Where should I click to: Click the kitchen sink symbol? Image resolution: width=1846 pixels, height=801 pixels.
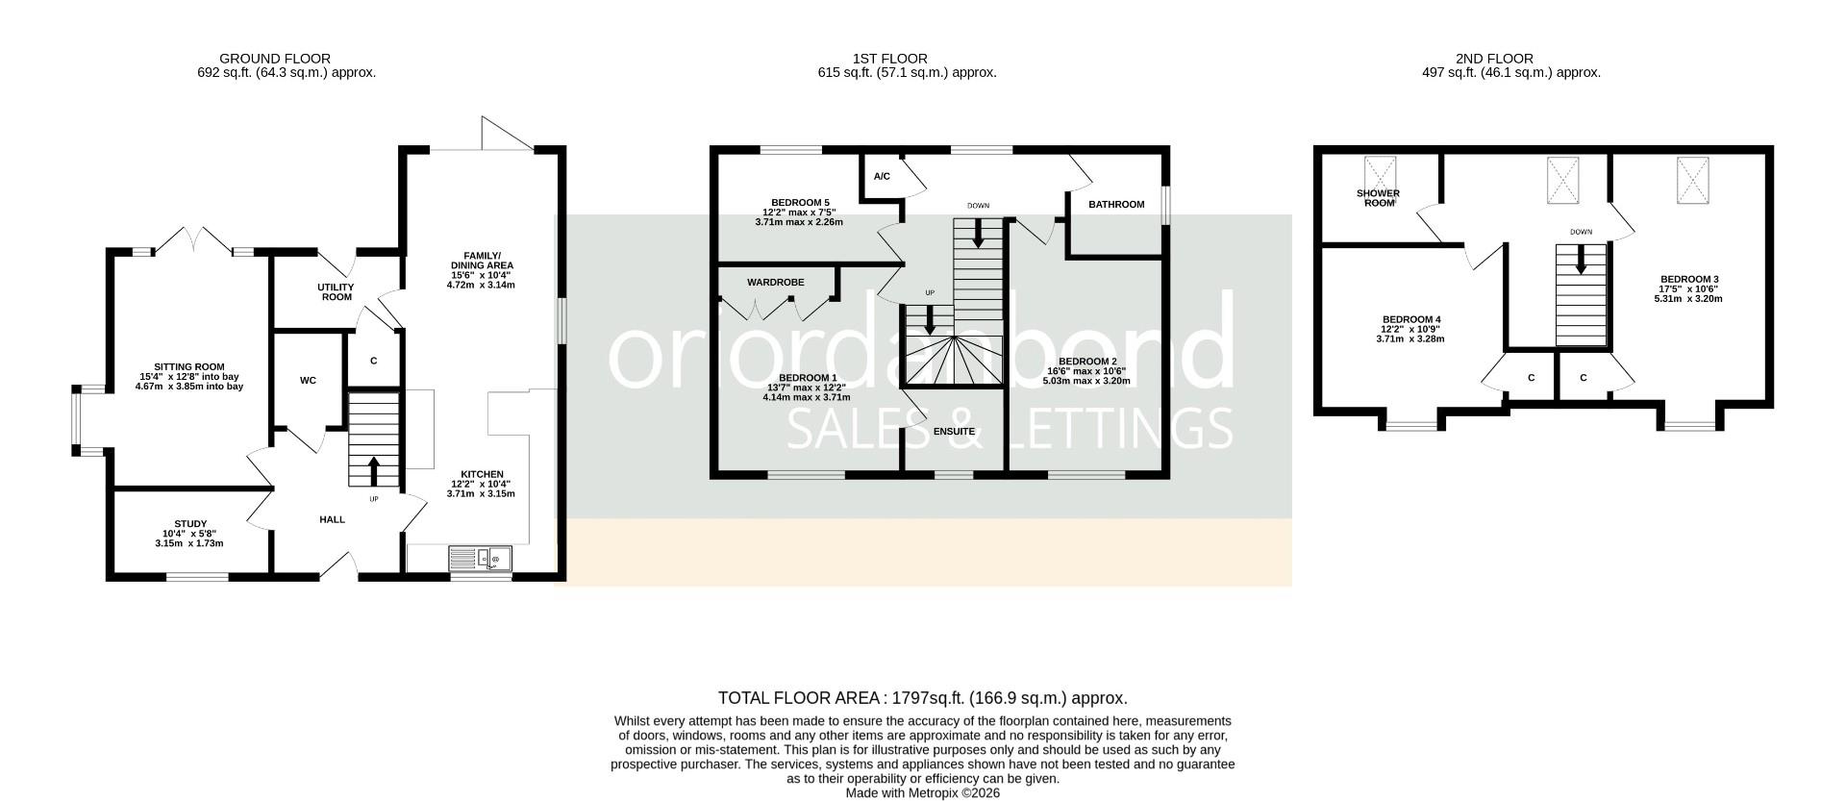481,558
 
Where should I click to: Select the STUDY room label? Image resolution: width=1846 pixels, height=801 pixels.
189,524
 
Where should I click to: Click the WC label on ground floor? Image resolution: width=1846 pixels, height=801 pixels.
308,381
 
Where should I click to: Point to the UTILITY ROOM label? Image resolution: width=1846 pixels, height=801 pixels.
337,292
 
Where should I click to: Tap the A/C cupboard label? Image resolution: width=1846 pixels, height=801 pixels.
882,177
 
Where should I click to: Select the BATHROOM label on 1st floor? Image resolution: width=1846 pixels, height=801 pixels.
1115,205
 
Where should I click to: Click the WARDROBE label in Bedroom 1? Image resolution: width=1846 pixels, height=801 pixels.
775,283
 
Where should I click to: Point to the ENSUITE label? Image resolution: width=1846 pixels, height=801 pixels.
954,432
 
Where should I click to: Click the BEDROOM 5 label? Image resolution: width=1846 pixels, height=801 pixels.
800,203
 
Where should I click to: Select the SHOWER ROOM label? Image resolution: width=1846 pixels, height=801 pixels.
1378,198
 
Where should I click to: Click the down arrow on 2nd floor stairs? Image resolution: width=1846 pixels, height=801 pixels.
1581,260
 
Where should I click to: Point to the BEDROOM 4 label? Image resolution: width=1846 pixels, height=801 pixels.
1410,319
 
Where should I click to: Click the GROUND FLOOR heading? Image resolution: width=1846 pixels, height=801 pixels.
274,59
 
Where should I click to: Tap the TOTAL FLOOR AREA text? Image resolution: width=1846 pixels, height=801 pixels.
922,698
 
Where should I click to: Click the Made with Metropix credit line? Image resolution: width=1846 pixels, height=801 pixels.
922,793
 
